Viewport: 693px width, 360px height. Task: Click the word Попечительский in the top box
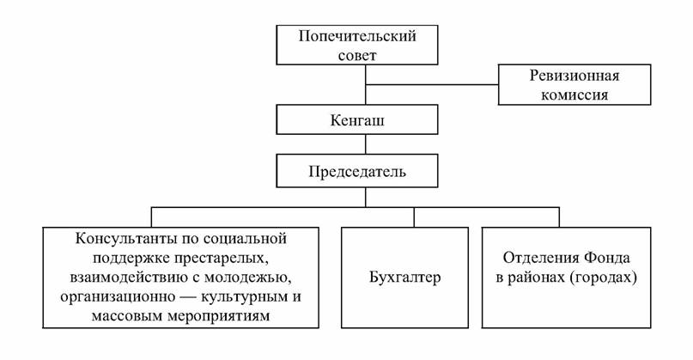(x=357, y=36)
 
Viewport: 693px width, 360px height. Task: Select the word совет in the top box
(x=357, y=55)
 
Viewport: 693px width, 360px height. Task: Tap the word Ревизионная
(x=574, y=76)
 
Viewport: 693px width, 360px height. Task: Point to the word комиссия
(x=574, y=95)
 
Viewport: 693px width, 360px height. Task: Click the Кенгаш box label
(x=357, y=120)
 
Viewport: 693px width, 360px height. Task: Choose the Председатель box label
(x=357, y=171)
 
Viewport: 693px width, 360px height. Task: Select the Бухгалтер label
(x=404, y=278)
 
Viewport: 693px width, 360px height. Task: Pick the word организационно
(x=118, y=296)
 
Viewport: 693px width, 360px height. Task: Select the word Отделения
(x=541, y=258)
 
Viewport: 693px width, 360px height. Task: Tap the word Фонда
(x=607, y=258)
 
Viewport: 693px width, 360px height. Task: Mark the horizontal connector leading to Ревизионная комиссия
(x=432, y=84)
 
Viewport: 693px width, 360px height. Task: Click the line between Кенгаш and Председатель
(x=366, y=144)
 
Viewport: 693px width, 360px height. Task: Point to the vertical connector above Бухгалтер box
(x=414, y=217)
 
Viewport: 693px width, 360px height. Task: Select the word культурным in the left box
(x=245, y=296)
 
